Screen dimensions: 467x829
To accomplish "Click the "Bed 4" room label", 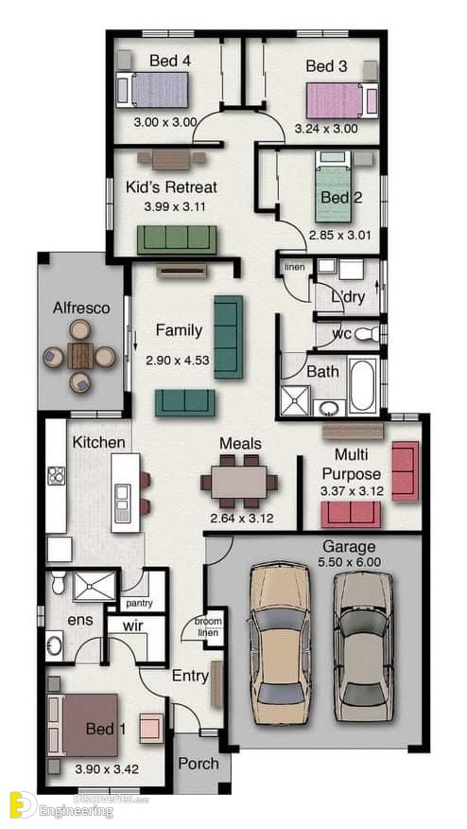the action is (170, 61).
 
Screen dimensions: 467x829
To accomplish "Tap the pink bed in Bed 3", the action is (342, 100).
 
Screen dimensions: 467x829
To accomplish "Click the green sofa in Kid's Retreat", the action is (177, 239).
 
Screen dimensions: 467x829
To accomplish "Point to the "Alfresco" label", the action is (81, 309).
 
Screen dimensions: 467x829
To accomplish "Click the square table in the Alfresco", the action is (80, 355).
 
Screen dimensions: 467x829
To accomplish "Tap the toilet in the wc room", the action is (367, 334).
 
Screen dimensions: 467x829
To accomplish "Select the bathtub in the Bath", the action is (363, 385).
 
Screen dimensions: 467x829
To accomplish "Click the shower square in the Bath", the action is (296, 399).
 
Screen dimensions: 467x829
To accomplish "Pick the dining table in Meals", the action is (239, 483).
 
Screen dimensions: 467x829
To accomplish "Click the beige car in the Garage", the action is (280, 644).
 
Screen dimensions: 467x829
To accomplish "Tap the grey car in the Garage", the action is (364, 646).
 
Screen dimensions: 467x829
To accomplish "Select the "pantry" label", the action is (140, 603).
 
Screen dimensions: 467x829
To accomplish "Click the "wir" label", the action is (132, 626).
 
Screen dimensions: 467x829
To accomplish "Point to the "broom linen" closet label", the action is (208, 626).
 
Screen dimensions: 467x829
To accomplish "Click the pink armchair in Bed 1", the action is (152, 728).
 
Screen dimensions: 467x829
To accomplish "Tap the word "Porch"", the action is (199, 764).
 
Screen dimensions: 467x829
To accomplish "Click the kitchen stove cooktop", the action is (56, 476).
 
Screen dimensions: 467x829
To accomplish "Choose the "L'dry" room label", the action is (347, 298).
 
